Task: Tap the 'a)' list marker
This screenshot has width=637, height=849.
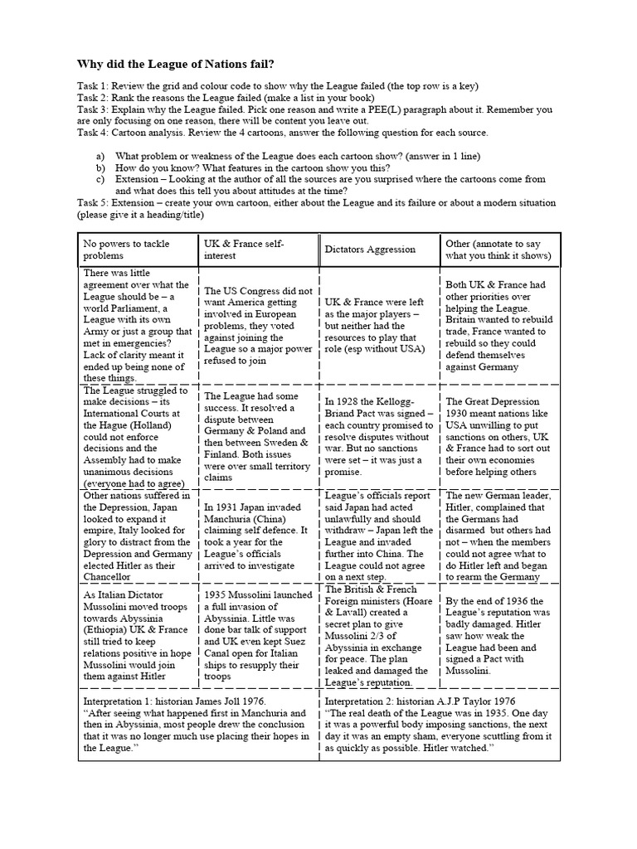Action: [x=101, y=156]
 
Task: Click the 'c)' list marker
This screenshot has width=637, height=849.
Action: [x=101, y=178]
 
